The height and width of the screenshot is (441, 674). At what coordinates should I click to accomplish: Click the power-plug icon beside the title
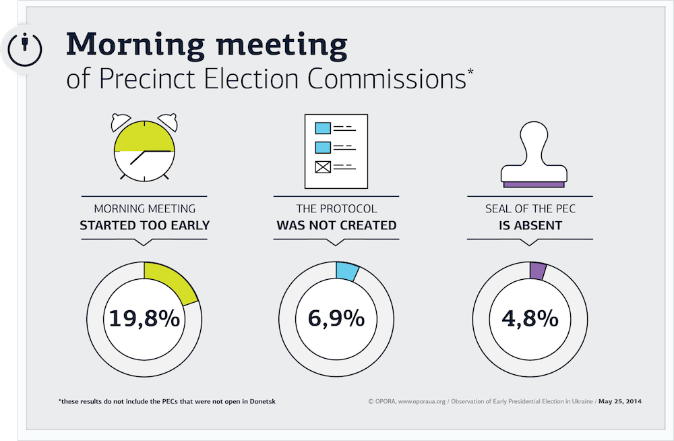25,49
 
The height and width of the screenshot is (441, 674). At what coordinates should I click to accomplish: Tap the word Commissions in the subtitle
387,79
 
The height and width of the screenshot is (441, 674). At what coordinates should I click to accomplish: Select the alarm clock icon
144,147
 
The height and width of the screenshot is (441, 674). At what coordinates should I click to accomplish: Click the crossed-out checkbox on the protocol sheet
323,167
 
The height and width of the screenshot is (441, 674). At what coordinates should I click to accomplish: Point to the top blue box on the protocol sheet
323,128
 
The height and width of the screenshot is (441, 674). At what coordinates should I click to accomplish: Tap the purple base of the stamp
534,185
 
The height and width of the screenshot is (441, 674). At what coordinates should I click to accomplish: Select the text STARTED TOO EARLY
144,225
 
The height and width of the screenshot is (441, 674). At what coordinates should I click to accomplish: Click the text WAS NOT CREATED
336,225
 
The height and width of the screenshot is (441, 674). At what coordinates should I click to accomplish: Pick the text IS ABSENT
530,225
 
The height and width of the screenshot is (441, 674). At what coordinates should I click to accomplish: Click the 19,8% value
144,319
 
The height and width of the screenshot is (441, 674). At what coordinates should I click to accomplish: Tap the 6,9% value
336,318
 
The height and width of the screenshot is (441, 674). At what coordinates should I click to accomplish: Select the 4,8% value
530,319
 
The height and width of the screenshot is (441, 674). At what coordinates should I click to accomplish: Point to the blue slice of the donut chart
346,272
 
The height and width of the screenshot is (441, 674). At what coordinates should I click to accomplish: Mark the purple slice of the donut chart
538,271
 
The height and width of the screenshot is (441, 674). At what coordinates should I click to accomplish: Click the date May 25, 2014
620,401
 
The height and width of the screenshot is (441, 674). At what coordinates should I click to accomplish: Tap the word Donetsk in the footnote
263,401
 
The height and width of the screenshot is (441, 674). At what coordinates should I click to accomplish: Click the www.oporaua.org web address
422,401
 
